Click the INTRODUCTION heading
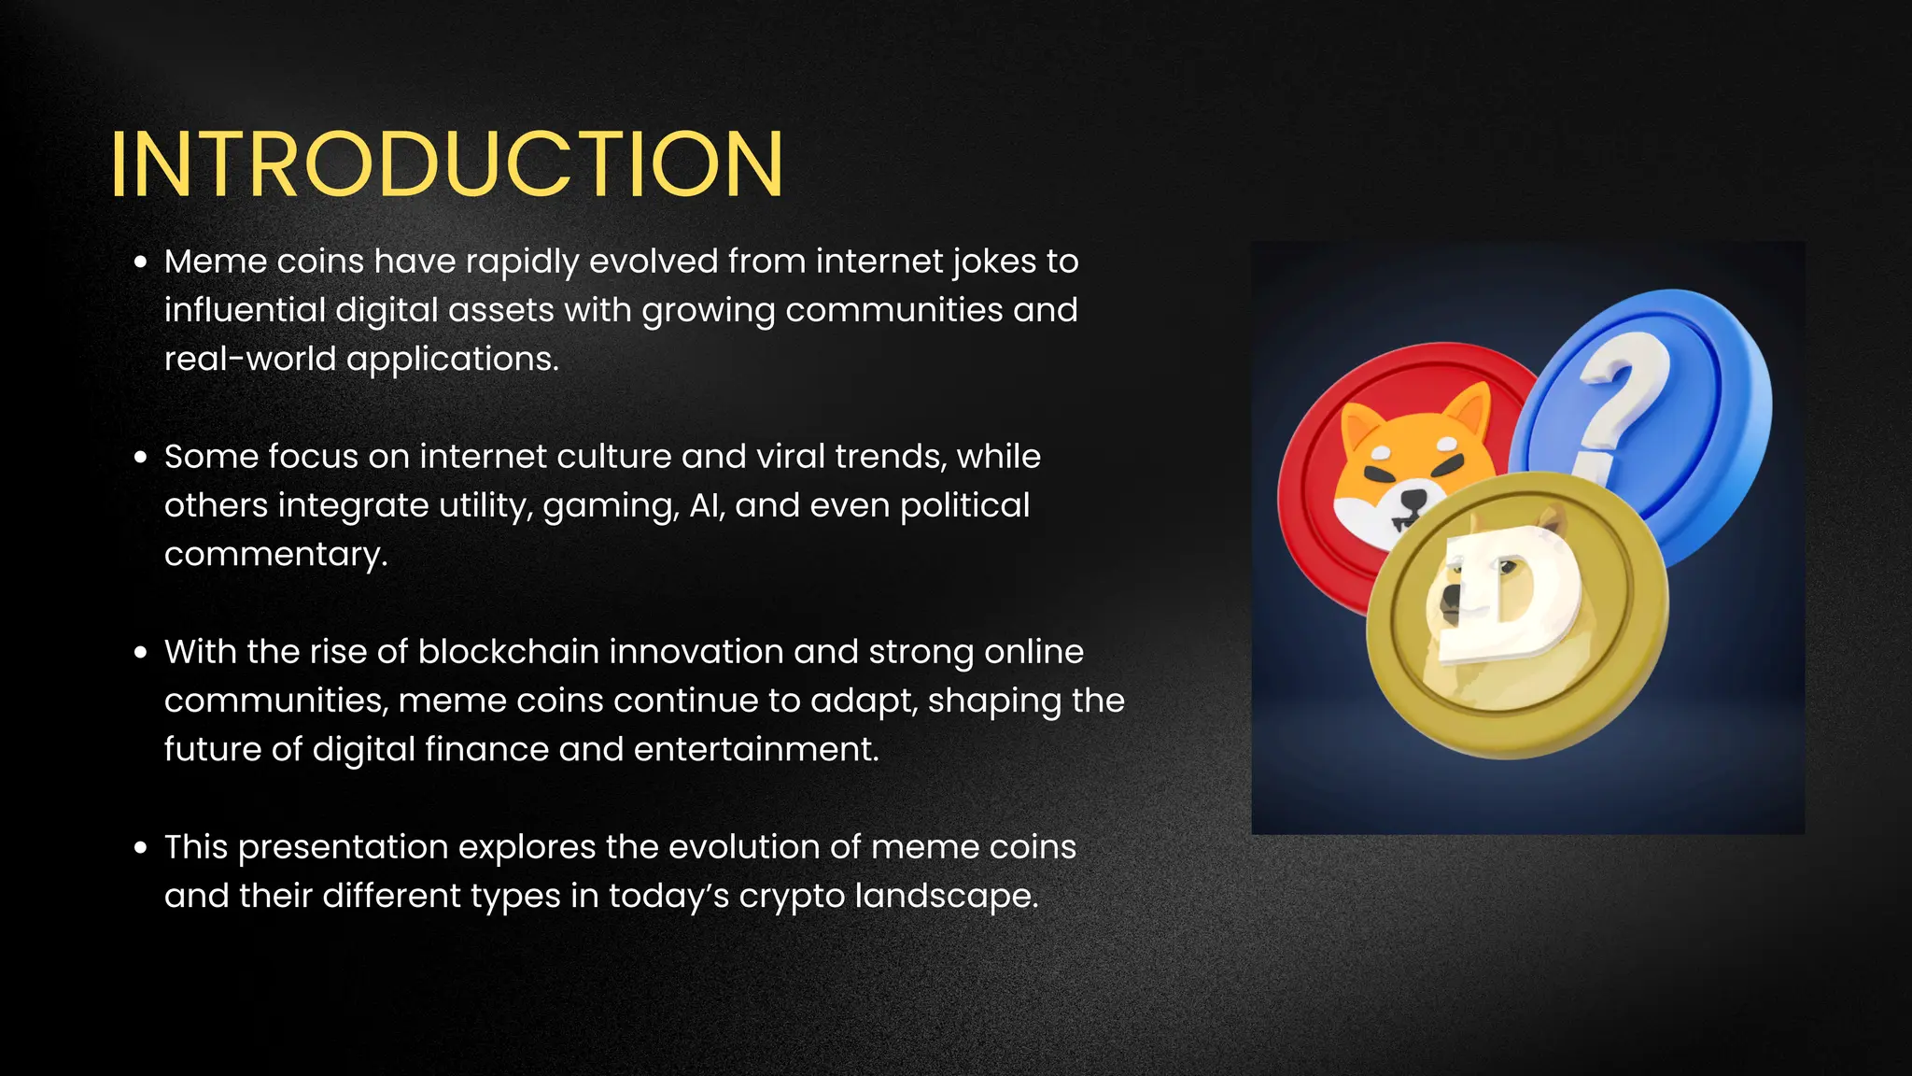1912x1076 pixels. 446,164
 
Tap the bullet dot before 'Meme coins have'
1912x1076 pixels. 141,262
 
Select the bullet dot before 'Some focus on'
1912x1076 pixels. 141,458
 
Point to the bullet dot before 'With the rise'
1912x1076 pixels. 141,653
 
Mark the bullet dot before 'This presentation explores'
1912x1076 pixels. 141,848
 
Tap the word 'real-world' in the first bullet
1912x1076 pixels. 249,360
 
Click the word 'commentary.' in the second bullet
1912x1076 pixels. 275,555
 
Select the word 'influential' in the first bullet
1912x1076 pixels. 245,311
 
